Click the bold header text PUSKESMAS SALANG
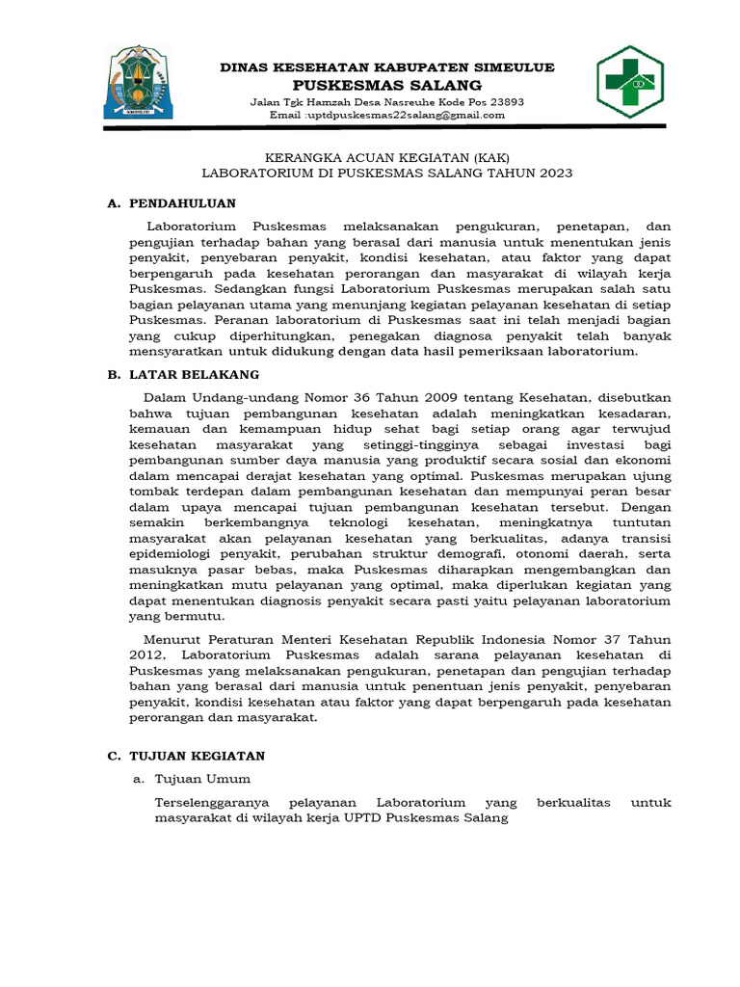coord(387,85)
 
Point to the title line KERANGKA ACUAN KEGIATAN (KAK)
coord(387,157)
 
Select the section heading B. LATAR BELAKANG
coord(183,374)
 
